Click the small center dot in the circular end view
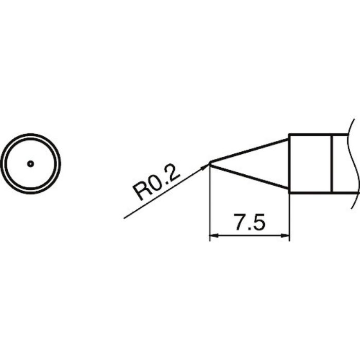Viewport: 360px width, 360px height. [x=30, y=164]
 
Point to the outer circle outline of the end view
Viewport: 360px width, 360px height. [x=30, y=134]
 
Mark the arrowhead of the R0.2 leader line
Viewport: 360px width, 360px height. [x=207, y=166]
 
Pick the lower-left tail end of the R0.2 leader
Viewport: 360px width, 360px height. [x=125, y=218]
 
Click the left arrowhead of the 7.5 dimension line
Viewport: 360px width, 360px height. [x=213, y=236]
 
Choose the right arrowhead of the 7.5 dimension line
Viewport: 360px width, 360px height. [x=286, y=236]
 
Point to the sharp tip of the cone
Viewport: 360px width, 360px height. [x=210, y=164]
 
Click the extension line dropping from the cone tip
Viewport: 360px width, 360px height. [x=210, y=206]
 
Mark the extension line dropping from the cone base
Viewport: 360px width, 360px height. [x=289, y=216]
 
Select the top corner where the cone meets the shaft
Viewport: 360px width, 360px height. [x=289, y=135]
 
